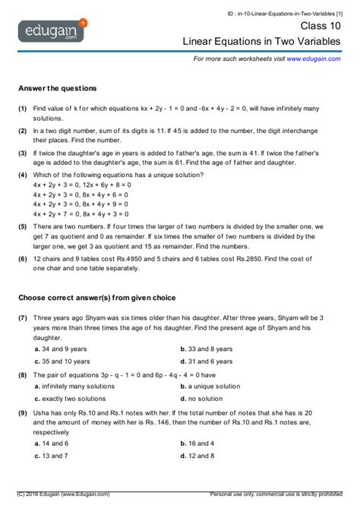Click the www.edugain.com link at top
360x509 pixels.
click(x=313, y=58)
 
